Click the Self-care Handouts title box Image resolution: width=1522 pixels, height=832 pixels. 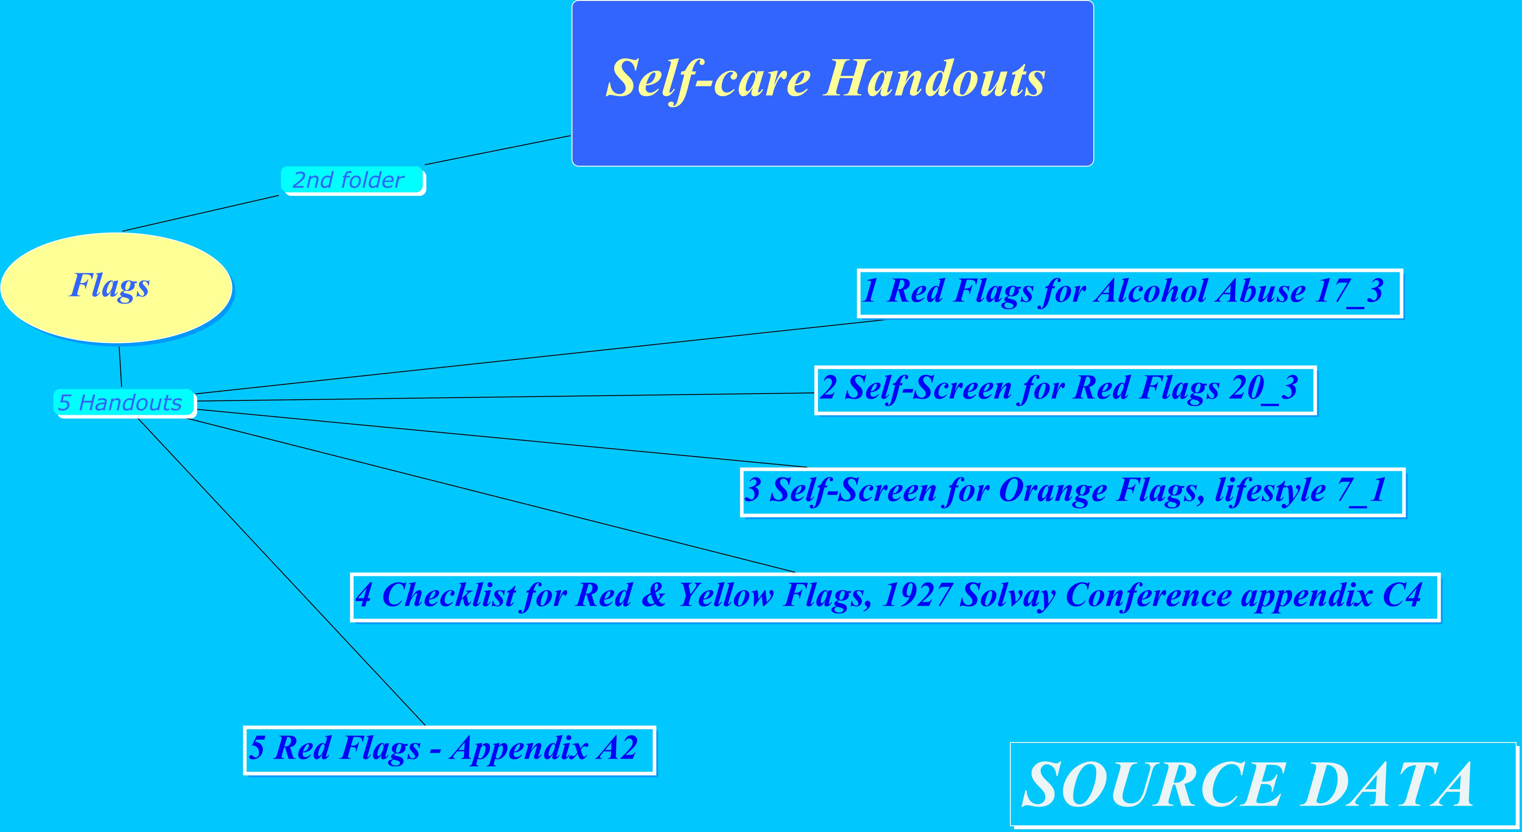click(x=833, y=83)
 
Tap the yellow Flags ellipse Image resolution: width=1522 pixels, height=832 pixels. click(x=116, y=288)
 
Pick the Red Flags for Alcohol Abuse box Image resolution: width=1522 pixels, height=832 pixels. click(x=1130, y=293)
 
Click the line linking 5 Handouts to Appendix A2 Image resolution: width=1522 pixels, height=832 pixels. click(x=281, y=571)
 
